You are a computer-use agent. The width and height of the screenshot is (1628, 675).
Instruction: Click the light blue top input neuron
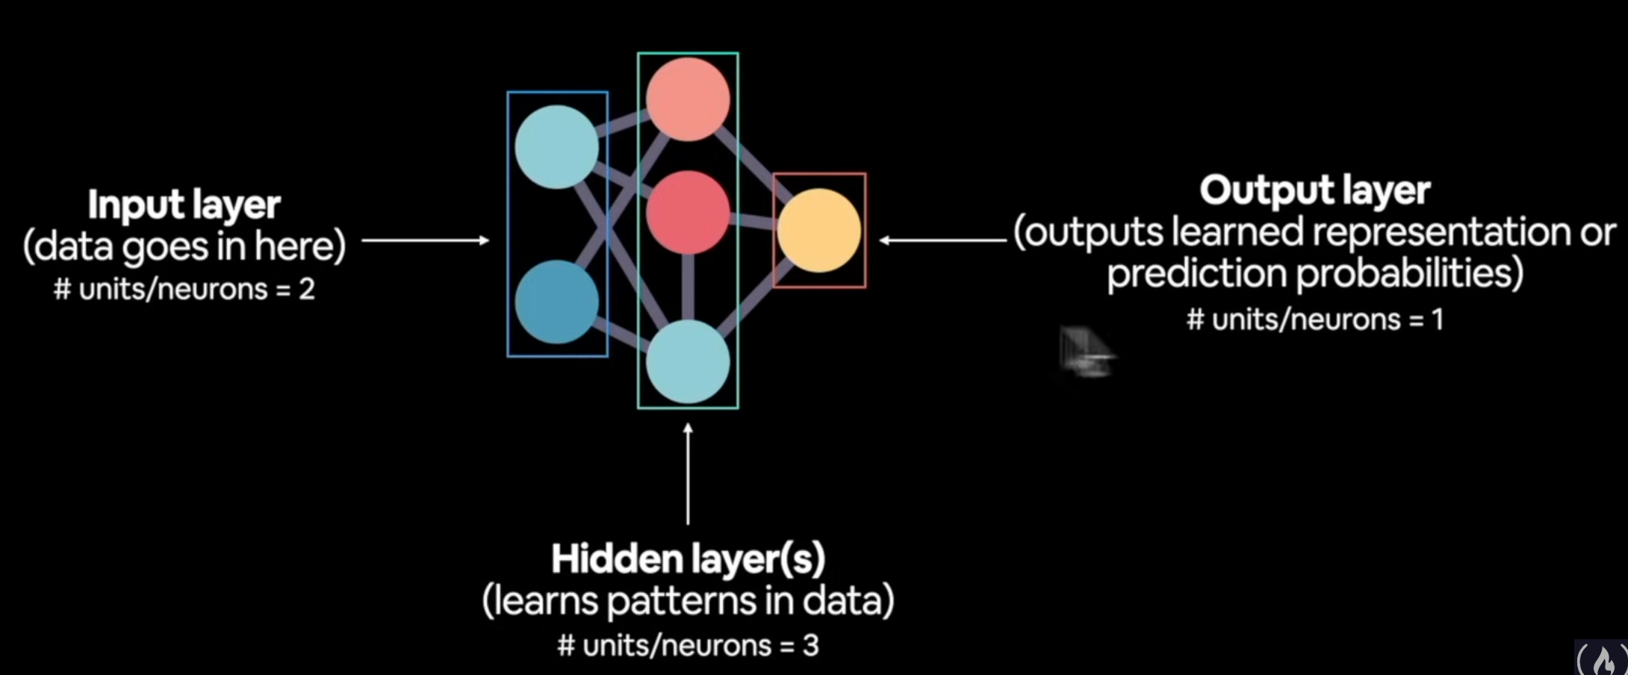pos(556,147)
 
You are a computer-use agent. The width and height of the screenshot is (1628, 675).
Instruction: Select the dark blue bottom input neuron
pos(556,302)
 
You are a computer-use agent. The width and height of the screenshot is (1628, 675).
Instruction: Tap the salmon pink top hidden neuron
pos(688,99)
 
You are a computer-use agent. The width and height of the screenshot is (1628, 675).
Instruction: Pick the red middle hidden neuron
pos(688,212)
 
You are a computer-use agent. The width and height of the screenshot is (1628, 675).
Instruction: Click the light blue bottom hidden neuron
pos(688,362)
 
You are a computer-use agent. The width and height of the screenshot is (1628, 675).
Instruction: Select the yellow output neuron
pos(819,230)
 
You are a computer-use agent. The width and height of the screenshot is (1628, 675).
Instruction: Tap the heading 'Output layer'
pos(1315,190)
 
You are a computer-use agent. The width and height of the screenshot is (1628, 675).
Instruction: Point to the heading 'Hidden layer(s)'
pos(688,559)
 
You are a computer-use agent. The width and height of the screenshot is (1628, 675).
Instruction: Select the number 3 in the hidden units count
pos(810,645)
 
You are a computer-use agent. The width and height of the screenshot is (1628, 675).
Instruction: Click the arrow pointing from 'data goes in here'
pos(426,240)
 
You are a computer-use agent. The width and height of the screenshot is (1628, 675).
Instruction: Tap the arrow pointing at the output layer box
pos(943,240)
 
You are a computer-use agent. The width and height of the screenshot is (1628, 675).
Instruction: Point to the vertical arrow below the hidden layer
pos(688,473)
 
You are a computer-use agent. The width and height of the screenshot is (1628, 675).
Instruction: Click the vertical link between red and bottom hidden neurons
pos(688,287)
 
